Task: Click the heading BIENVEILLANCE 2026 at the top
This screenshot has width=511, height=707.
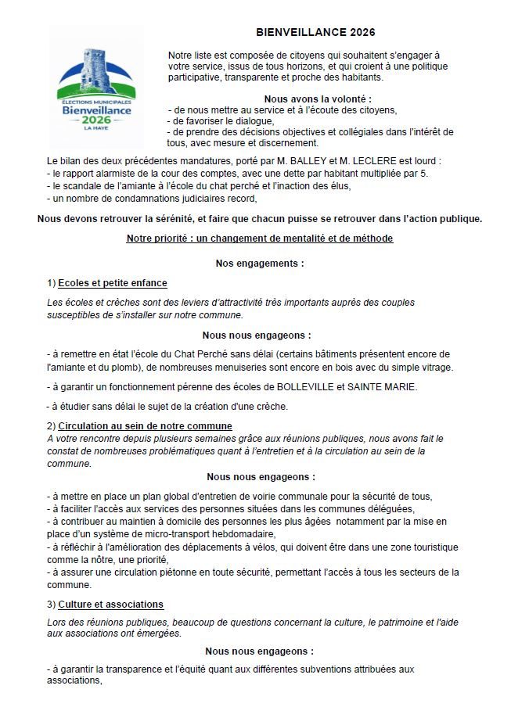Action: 315,32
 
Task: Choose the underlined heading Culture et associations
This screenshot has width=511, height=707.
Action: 110,605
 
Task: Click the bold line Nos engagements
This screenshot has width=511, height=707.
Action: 260,264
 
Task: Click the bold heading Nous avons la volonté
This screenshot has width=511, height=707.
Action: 317,99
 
